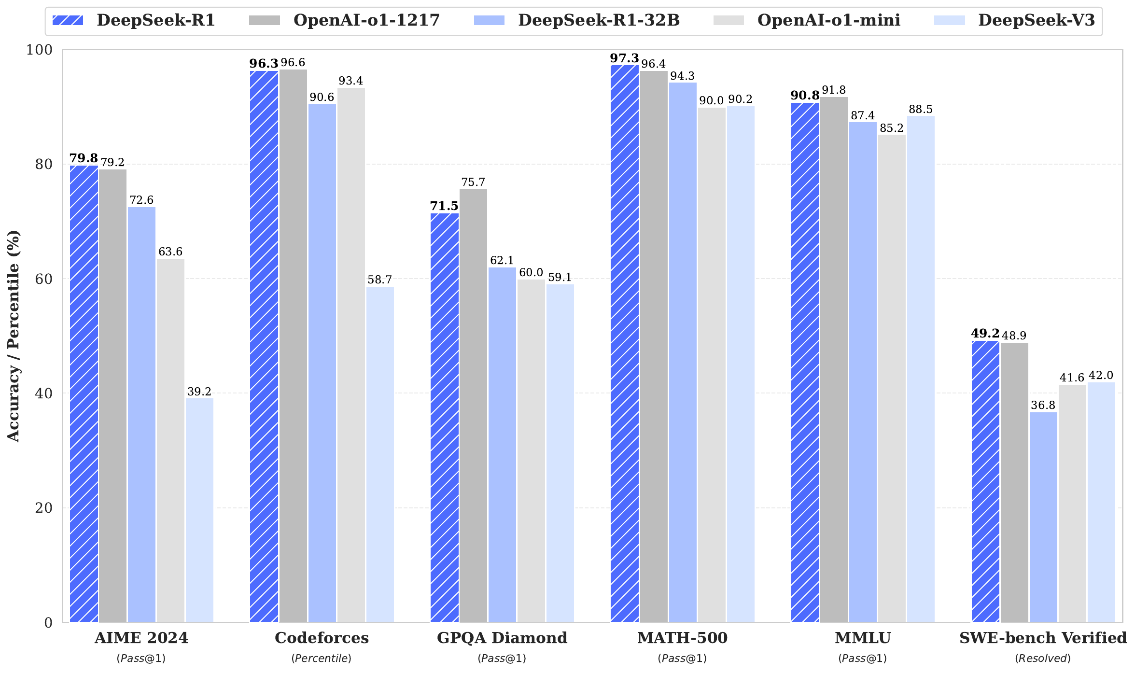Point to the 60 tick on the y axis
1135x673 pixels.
[x=43, y=279]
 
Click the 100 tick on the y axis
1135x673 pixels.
[x=39, y=50]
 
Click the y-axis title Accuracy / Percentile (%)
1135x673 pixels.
[x=14, y=336]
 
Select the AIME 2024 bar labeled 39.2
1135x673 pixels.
[x=199, y=510]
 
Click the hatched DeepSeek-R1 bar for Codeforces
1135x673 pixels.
[x=264, y=346]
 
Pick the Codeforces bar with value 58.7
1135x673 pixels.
[x=380, y=454]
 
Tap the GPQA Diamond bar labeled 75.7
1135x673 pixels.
[x=473, y=406]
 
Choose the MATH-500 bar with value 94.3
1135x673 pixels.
[x=683, y=352]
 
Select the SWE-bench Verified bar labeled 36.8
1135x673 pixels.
[x=1043, y=517]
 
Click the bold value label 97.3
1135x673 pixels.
[x=624, y=58]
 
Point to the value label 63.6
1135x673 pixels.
[x=170, y=252]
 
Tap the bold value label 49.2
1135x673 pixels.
[x=985, y=334]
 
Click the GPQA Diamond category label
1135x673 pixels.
[x=502, y=638]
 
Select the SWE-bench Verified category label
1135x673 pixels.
[x=1043, y=638]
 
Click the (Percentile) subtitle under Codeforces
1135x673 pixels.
[x=322, y=658]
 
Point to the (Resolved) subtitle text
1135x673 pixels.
[x=1043, y=658]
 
